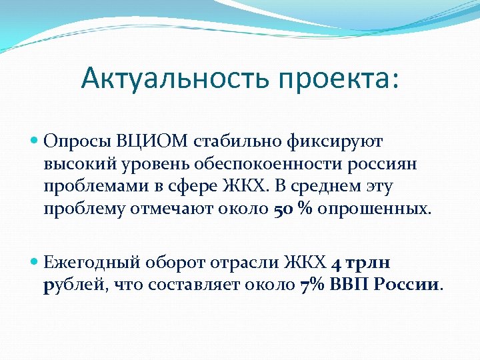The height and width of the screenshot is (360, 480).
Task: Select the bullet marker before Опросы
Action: [x=35, y=141]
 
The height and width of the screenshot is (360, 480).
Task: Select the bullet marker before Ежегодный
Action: [x=35, y=263]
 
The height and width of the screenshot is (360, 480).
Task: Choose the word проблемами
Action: [x=90, y=186]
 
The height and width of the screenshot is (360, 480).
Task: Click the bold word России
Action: [x=407, y=285]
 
